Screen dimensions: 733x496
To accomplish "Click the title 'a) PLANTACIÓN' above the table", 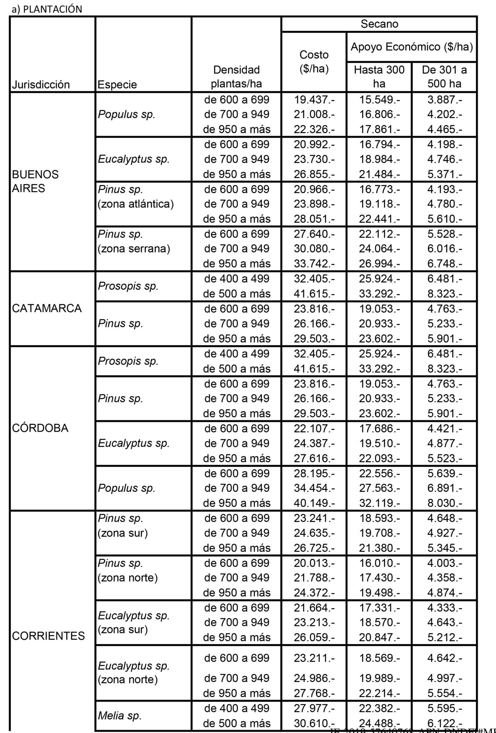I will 47,10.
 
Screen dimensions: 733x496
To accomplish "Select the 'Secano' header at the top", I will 379,24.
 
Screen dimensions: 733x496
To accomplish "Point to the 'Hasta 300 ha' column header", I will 379,77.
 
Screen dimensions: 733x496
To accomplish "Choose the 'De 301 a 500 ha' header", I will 444,77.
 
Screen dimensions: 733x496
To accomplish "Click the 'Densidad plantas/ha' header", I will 236,77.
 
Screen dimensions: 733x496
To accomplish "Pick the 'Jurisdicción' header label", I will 41,84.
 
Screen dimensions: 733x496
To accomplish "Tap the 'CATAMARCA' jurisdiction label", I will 47,308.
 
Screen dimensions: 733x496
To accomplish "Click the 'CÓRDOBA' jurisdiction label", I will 40,428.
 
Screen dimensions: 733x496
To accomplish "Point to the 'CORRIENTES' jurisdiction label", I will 48,636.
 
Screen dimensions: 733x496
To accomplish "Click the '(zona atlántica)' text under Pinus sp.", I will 136,204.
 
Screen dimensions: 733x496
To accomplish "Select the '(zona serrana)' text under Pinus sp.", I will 134,249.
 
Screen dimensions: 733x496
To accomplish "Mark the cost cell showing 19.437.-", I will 314,100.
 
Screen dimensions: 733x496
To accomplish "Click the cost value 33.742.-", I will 314,263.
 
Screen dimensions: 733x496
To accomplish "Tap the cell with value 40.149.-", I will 314,503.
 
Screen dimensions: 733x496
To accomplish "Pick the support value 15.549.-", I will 379,100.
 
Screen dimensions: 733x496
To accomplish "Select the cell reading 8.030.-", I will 444,503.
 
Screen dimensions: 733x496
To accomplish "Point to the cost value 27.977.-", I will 314,708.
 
